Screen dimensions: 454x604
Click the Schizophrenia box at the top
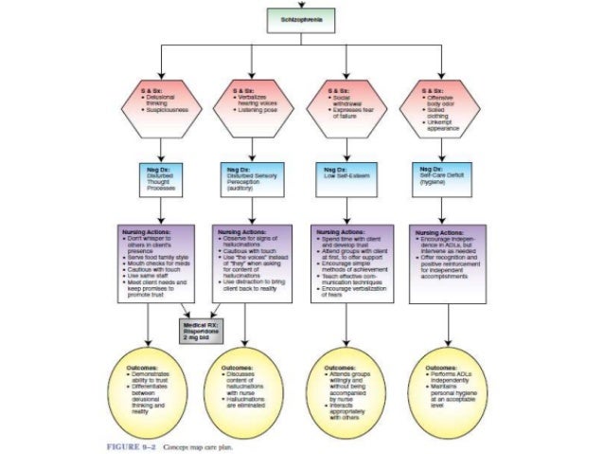pyautogui.click(x=302, y=18)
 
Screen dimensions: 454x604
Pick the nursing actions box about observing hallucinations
pyautogui.click(x=251, y=263)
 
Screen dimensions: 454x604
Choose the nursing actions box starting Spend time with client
pyautogui.click(x=351, y=263)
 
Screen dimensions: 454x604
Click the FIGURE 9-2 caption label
pyautogui.click(x=127, y=443)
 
